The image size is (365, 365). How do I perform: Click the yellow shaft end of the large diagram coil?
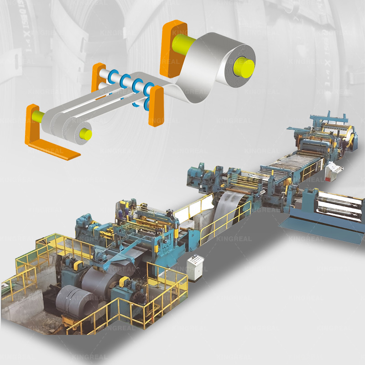point(243,65)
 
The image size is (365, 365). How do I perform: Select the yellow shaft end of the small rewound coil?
point(85,134)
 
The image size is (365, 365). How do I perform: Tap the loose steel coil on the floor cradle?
point(68,301)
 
